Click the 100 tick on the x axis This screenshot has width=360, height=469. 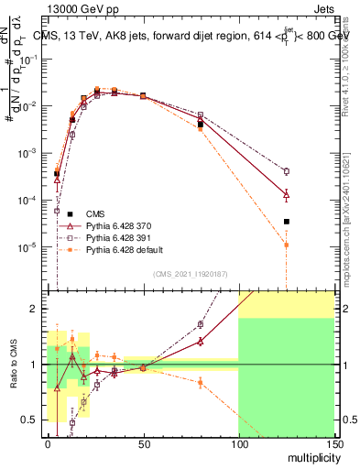(238, 443)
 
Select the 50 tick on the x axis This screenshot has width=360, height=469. (143, 443)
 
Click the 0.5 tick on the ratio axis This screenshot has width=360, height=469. (35, 420)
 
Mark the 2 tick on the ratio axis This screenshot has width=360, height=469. (38, 309)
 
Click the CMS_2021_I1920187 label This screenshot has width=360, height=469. (190, 273)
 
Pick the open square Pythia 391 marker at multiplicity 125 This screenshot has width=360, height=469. (286, 171)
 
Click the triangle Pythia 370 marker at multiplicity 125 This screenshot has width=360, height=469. (286, 194)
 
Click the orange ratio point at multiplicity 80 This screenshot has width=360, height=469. (200, 382)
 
